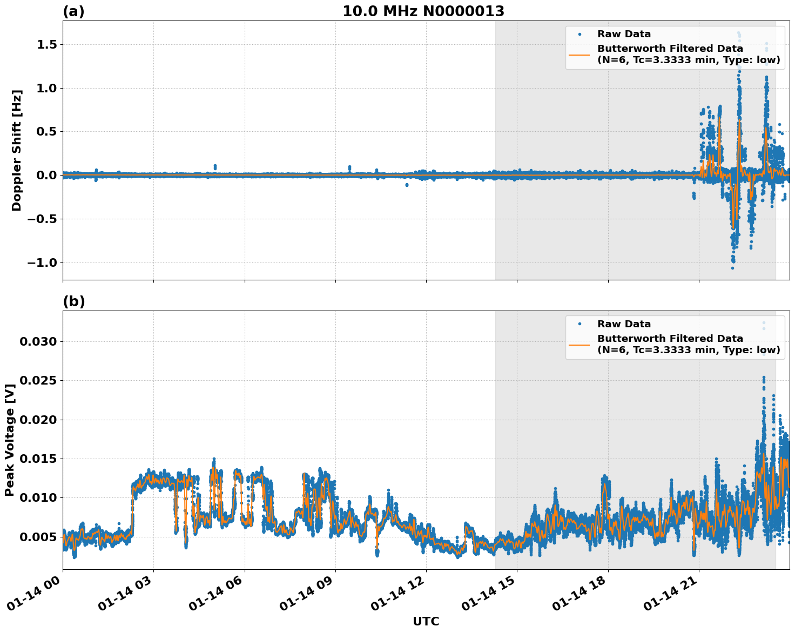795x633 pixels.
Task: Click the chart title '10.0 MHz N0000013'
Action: coord(423,11)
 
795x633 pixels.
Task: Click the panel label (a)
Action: coord(73,11)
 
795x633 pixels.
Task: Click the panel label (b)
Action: coord(73,301)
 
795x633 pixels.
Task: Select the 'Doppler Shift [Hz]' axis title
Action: coord(17,150)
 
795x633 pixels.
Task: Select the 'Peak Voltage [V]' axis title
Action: coord(9,440)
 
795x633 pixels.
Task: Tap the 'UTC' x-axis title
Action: coord(426,622)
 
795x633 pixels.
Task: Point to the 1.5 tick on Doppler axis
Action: coord(47,44)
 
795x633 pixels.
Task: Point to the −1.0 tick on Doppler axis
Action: coord(43,262)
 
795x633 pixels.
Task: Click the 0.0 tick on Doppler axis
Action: coord(47,175)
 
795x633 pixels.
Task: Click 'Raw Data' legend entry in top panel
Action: coord(624,34)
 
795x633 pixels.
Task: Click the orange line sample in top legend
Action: coord(580,54)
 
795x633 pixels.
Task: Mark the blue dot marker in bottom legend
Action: coord(580,324)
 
